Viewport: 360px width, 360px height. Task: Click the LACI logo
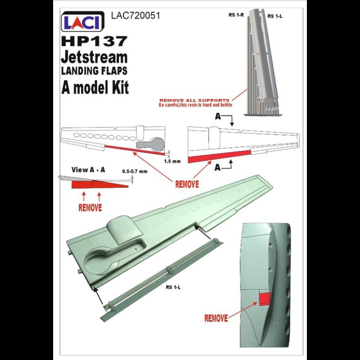point(83,21)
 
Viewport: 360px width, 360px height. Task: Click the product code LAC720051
point(135,16)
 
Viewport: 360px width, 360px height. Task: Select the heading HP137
point(94,41)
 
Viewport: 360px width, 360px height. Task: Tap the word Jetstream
point(94,57)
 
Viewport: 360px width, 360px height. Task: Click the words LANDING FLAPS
point(94,71)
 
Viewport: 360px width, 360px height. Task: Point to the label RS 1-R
point(236,15)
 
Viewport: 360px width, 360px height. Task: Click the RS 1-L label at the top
point(275,16)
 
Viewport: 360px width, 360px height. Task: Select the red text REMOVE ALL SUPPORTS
point(194,100)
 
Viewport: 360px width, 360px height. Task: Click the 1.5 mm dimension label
point(172,161)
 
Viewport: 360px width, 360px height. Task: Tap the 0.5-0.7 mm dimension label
point(135,171)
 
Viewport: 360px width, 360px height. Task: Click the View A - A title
point(88,170)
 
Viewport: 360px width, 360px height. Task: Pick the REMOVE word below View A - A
point(90,208)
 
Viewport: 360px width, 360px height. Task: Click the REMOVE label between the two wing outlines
point(187,184)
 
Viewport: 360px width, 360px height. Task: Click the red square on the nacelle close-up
point(265,299)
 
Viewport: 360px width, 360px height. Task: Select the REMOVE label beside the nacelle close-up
point(216,318)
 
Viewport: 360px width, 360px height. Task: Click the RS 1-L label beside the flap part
point(173,287)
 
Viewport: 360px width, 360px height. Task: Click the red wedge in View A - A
point(100,184)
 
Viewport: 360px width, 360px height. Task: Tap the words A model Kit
point(95,87)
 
